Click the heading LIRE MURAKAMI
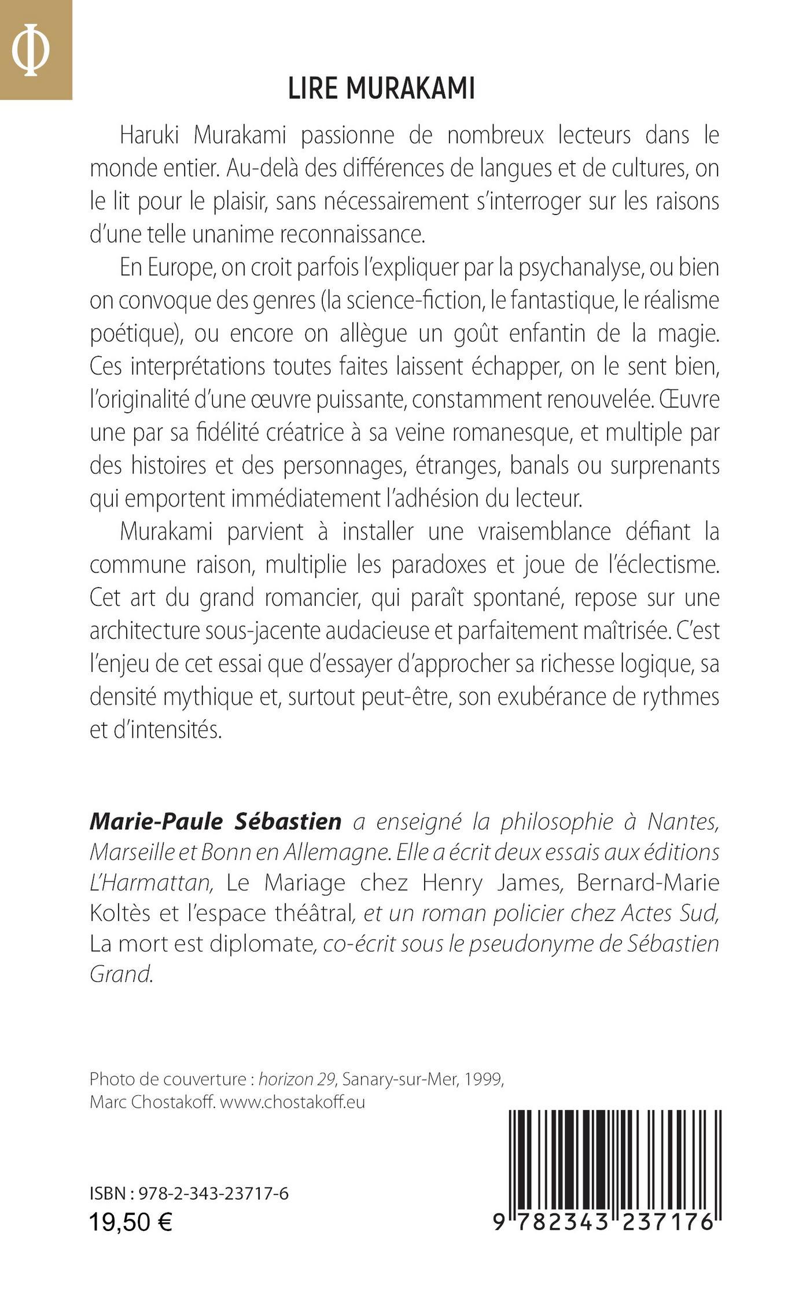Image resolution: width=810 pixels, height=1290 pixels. [381, 90]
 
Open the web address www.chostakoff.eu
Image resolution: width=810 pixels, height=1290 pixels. [293, 1102]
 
